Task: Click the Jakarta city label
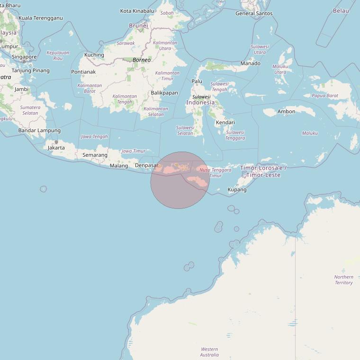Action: (x=56, y=148)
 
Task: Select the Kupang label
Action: (x=237, y=189)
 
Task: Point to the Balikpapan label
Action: (x=164, y=93)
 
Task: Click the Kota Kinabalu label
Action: (x=137, y=11)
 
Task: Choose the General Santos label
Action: (x=254, y=13)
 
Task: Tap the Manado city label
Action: (x=250, y=63)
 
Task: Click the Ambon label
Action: (x=286, y=112)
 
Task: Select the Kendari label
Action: (x=225, y=122)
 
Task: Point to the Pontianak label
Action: (x=83, y=72)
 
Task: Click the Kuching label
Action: (x=94, y=55)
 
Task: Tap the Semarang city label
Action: (x=95, y=155)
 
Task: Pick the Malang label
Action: (x=119, y=166)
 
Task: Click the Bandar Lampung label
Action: (x=39, y=130)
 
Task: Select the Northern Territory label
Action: (x=343, y=280)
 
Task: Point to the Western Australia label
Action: (x=209, y=352)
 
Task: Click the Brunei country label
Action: (x=138, y=26)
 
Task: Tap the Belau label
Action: (x=341, y=11)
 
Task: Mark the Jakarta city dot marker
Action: (x=56, y=142)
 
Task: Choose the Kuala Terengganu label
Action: (x=40, y=18)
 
